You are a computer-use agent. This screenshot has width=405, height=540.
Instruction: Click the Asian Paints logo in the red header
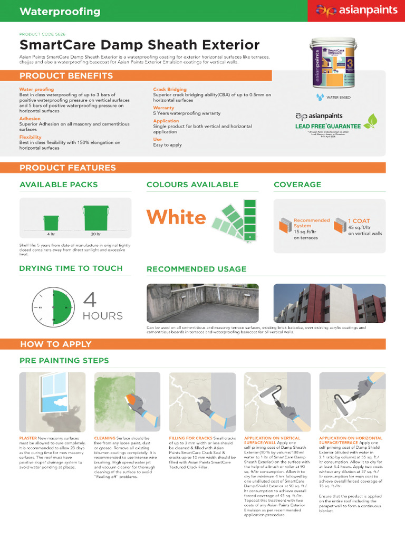pos(356,11)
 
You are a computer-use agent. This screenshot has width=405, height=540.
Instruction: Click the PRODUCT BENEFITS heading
pos(66,76)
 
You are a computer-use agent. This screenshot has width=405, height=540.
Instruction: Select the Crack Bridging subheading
pos(170,90)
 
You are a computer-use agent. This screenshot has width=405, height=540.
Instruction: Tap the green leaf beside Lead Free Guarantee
pos(372,121)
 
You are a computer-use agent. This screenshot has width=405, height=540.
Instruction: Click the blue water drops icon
pos(320,97)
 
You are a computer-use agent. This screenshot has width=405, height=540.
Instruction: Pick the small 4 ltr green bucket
pos(51,222)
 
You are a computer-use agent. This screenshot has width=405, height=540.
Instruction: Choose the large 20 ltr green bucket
pos(96,218)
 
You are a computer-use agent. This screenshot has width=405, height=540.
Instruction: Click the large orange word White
pos(176,217)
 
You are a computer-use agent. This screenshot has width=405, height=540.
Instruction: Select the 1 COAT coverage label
pos(359,221)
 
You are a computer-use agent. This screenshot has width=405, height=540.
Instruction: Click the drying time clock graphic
pos(53,306)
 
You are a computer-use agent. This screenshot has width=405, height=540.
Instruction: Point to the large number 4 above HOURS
pos(91,300)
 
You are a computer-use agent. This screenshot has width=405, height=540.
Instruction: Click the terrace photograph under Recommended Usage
pos(202,303)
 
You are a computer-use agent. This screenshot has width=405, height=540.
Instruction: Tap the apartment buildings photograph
pos(329,303)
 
